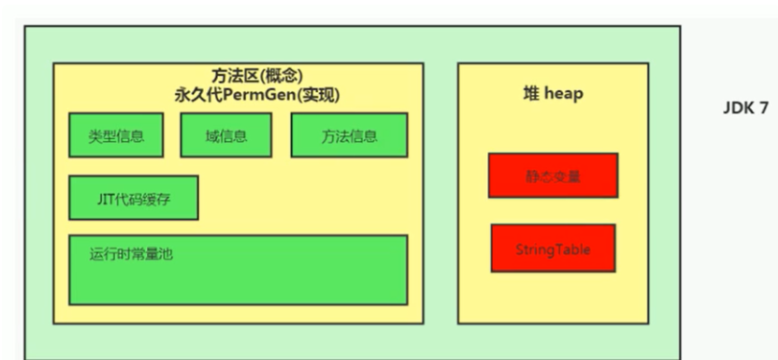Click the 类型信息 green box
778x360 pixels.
click(x=116, y=135)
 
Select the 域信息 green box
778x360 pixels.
click(x=227, y=135)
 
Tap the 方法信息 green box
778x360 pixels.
click(x=349, y=135)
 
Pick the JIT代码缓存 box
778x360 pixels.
click(x=134, y=198)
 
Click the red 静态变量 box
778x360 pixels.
click(x=552, y=175)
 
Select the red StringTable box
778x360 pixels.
click(x=552, y=248)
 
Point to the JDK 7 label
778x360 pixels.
click(x=744, y=108)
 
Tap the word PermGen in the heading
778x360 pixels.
click(x=263, y=96)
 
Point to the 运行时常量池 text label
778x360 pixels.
click(x=131, y=254)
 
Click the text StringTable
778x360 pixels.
click(x=552, y=250)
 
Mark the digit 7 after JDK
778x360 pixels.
click(x=764, y=108)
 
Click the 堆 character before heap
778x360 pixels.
click(x=530, y=95)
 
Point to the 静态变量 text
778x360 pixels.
click(x=552, y=176)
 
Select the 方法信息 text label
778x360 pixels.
click(x=349, y=136)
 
